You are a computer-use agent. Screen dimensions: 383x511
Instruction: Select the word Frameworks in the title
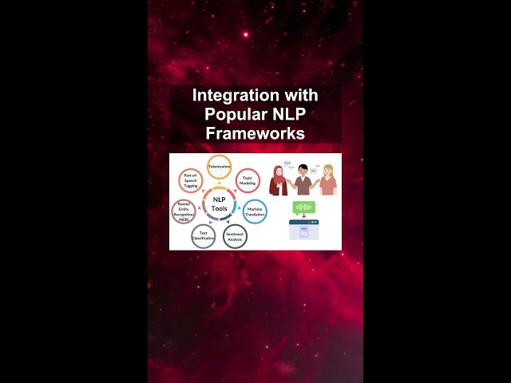coord(255,133)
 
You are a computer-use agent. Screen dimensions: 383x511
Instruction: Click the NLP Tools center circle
coord(219,204)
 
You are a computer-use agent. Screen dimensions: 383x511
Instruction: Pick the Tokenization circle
coord(219,167)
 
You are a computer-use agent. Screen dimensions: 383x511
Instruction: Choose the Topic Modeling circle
coord(248,180)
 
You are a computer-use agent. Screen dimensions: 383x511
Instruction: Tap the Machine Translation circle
coord(255,212)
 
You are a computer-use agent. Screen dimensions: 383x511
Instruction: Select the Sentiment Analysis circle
coord(235,236)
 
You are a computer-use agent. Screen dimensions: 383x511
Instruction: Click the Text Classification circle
coord(203,236)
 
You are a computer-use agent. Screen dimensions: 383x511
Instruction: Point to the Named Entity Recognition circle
coord(184,212)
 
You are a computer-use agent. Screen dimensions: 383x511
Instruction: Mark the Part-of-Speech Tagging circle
coord(190,180)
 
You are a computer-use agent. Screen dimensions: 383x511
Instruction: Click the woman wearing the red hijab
coord(279,181)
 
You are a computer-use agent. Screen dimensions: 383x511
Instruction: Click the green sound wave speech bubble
coord(303,207)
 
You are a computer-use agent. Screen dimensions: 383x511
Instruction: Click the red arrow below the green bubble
coord(303,217)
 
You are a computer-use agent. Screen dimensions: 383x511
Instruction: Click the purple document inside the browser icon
coord(303,232)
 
